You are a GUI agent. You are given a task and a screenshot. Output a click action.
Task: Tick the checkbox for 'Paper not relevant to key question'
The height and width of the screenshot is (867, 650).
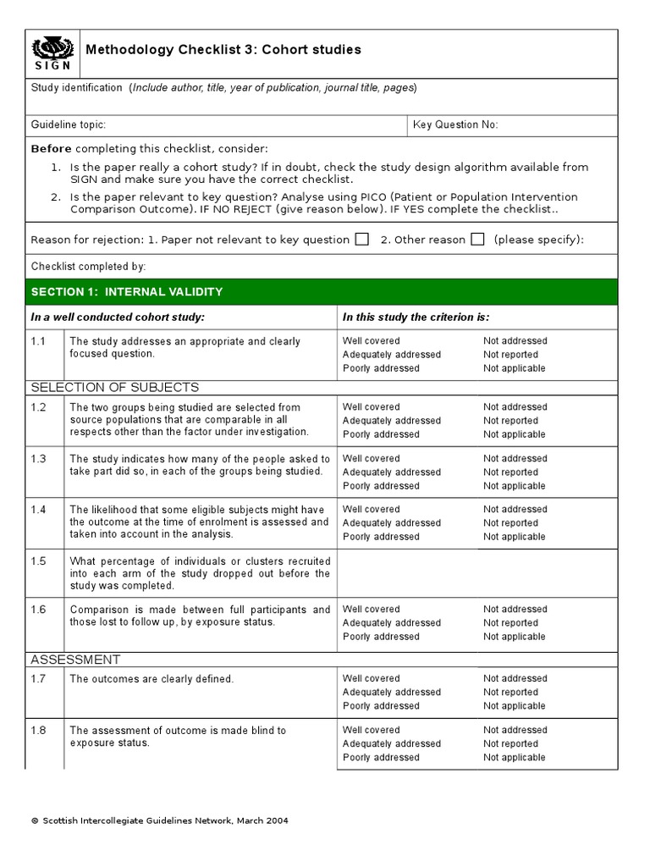coord(361,240)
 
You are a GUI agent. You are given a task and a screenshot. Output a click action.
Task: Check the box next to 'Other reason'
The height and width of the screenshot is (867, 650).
coord(477,240)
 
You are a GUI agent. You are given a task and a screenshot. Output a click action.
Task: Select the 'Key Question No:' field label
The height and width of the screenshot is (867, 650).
coord(455,124)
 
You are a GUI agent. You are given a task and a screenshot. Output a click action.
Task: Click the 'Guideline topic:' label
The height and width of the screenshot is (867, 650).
coord(69,124)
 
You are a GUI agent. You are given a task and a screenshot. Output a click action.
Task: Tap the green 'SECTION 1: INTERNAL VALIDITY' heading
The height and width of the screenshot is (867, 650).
coord(127,292)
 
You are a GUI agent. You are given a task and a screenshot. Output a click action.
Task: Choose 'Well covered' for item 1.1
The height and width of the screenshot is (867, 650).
coord(371,341)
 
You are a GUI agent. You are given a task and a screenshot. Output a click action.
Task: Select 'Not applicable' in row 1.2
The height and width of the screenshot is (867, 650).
coord(514,434)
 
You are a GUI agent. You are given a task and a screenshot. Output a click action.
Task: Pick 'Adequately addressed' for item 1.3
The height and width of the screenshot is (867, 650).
coord(391,472)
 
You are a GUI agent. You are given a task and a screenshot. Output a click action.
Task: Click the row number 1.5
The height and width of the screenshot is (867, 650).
coord(39,561)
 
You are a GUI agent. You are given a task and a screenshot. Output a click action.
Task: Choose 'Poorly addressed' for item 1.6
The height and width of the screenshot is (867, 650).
coord(380,637)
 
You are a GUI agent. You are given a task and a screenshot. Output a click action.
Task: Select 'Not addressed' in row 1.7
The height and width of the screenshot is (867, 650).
coord(515,678)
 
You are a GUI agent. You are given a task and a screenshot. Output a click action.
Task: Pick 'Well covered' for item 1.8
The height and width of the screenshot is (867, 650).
coord(371,730)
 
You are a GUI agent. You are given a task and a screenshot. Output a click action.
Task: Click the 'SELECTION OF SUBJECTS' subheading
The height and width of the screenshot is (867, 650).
coord(115,388)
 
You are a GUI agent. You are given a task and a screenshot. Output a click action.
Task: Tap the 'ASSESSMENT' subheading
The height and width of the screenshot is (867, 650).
coord(75,660)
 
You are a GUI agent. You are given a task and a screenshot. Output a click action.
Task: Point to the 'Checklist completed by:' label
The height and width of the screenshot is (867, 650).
coord(89,266)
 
